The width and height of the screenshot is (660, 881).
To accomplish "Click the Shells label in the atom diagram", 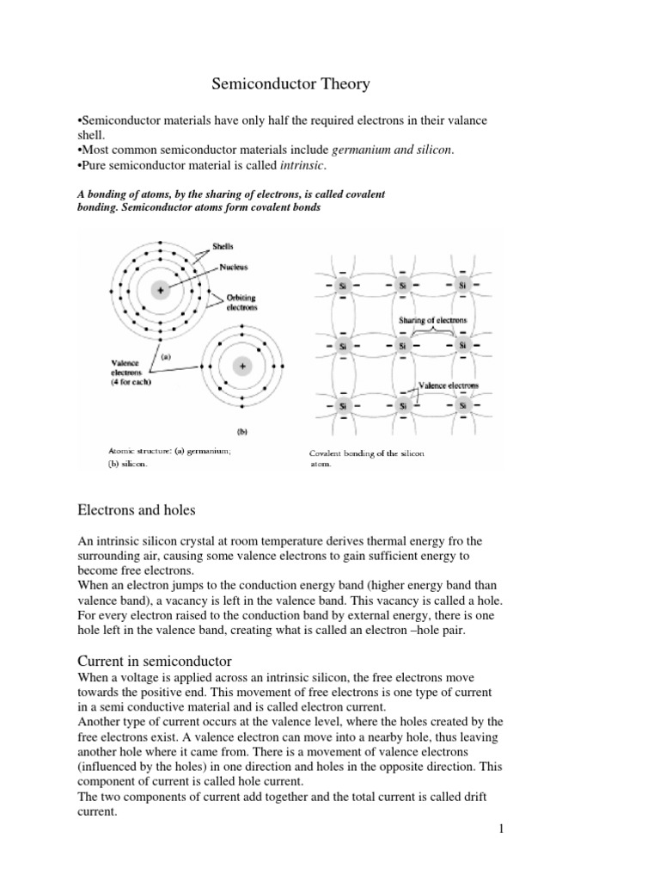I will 223,246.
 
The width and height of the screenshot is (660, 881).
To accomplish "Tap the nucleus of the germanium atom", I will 158,290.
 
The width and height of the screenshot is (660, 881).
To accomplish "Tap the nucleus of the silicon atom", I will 242,367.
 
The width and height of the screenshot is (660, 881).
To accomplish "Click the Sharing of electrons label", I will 432,320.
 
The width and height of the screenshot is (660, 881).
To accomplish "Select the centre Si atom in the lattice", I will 402,346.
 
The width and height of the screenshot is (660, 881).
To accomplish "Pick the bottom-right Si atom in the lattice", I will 462,405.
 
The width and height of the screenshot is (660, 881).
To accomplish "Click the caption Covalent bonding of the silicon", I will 367,453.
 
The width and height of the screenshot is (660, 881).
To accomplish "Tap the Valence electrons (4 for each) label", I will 131,372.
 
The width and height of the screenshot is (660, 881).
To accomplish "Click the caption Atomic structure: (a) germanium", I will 161,450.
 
